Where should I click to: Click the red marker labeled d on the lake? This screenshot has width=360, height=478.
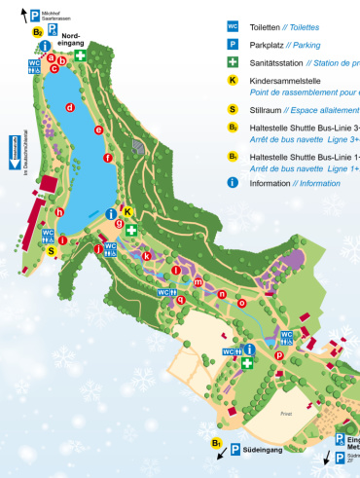pyautogui.click(x=70, y=107)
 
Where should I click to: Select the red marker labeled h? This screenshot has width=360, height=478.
pyautogui.click(x=59, y=211)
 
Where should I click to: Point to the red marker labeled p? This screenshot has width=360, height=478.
pyautogui.click(x=279, y=355)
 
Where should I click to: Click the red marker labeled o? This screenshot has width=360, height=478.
pyautogui.click(x=242, y=302)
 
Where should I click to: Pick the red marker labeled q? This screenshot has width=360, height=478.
pyautogui.click(x=180, y=300)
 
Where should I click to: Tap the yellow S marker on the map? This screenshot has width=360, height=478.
pyautogui.click(x=52, y=250)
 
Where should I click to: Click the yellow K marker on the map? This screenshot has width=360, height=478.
pyautogui.click(x=126, y=212)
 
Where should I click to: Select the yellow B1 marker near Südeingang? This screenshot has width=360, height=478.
pyautogui.click(x=218, y=444)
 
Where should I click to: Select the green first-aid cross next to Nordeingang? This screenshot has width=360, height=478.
pyautogui.click(x=83, y=57)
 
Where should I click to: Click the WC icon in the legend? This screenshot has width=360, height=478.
pyautogui.click(x=233, y=27)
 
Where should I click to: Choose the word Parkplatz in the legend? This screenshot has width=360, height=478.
pyautogui.click(x=272, y=45)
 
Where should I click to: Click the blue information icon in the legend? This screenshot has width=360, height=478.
pyautogui.click(x=233, y=182)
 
